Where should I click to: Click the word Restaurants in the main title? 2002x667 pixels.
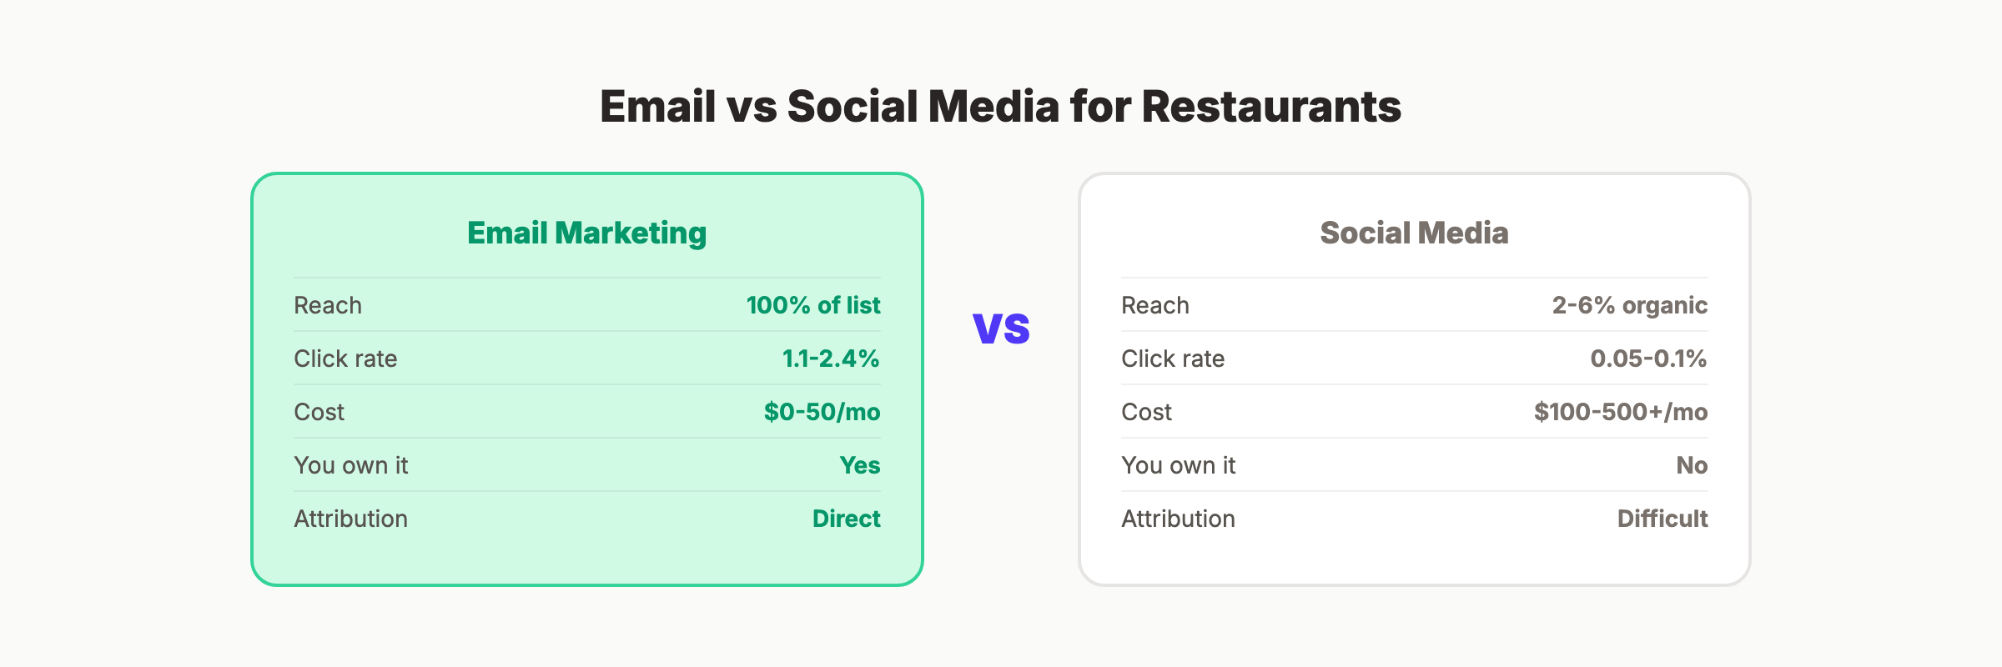pos(1270,107)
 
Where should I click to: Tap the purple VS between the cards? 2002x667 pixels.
pos(1001,328)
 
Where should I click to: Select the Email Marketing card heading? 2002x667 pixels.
pos(586,233)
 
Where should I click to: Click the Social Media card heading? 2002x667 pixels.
pos(1414,233)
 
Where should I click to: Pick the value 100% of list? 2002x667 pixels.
pos(813,305)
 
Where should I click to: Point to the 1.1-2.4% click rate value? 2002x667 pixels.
pos(831,359)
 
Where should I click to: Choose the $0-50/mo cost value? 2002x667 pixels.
pos(822,412)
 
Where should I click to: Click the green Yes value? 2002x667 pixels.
pos(860,465)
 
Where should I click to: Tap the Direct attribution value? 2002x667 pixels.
pos(846,519)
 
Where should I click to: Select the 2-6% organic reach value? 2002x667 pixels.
pos(1629,305)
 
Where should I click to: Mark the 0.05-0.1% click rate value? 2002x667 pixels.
pos(1648,359)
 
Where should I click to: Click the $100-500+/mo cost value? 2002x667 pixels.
pos(1621,412)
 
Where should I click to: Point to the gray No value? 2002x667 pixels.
pos(1692,465)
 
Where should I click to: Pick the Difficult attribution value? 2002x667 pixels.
pos(1662,519)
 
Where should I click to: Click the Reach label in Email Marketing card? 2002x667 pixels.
pos(328,305)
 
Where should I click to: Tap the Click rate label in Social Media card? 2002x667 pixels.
pos(1173,359)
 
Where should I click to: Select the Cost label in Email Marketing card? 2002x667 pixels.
pos(319,412)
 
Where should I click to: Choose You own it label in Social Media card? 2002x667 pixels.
pos(1178,465)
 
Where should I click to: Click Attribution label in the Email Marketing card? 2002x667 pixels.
pos(350,519)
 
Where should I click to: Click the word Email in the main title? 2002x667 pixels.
pos(657,107)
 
